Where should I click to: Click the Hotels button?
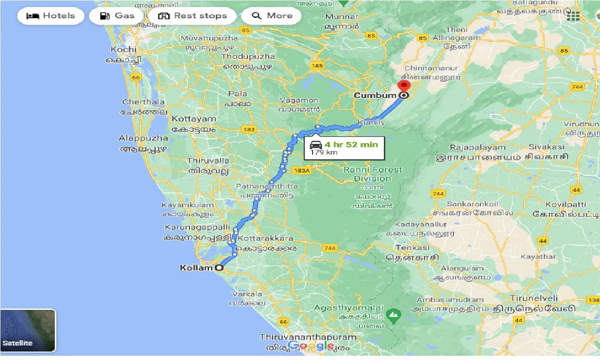pos(51,15)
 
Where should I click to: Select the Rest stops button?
pos(193,15)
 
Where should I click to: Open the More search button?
pos(272,15)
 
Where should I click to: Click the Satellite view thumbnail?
pos(28,330)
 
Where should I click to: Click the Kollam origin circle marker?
pos(219,268)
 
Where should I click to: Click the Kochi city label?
pos(124,49)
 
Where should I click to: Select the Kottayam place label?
pos(194,119)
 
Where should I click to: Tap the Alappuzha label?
pos(143,138)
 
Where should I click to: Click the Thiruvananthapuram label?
pos(308,337)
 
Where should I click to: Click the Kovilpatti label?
pos(566,204)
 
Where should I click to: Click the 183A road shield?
pos(301,170)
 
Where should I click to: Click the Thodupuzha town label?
pos(248,57)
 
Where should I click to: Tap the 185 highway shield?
pos(317,66)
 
